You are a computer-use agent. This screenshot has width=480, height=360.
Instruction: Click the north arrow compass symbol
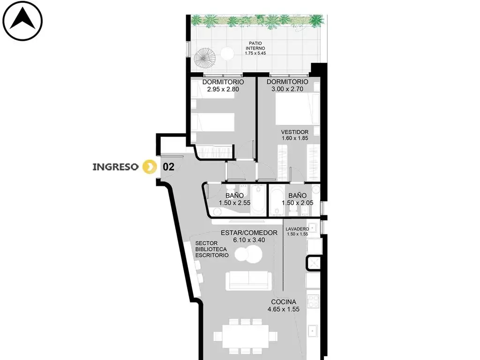pos(22,21)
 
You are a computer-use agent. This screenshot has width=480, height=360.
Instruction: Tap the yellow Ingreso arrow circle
pos(150,166)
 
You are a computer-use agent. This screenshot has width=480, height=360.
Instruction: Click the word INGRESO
pos(115,167)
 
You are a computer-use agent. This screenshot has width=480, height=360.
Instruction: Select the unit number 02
pos(168,167)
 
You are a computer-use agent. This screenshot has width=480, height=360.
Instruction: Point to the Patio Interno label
pos(255,48)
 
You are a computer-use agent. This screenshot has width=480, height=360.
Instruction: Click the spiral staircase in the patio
pos(205,58)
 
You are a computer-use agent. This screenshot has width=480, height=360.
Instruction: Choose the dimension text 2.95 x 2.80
pos(223,90)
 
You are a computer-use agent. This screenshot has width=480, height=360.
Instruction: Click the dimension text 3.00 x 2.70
pos(287,89)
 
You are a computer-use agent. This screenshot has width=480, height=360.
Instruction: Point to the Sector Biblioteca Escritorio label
pos(212,249)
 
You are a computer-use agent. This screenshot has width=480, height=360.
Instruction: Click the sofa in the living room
pos(248,280)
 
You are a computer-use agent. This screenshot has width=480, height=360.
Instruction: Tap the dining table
pos(246,336)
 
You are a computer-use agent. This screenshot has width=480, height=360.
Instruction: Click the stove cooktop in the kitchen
pos(314,301)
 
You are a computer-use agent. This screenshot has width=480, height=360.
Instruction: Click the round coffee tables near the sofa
pos(248,254)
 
